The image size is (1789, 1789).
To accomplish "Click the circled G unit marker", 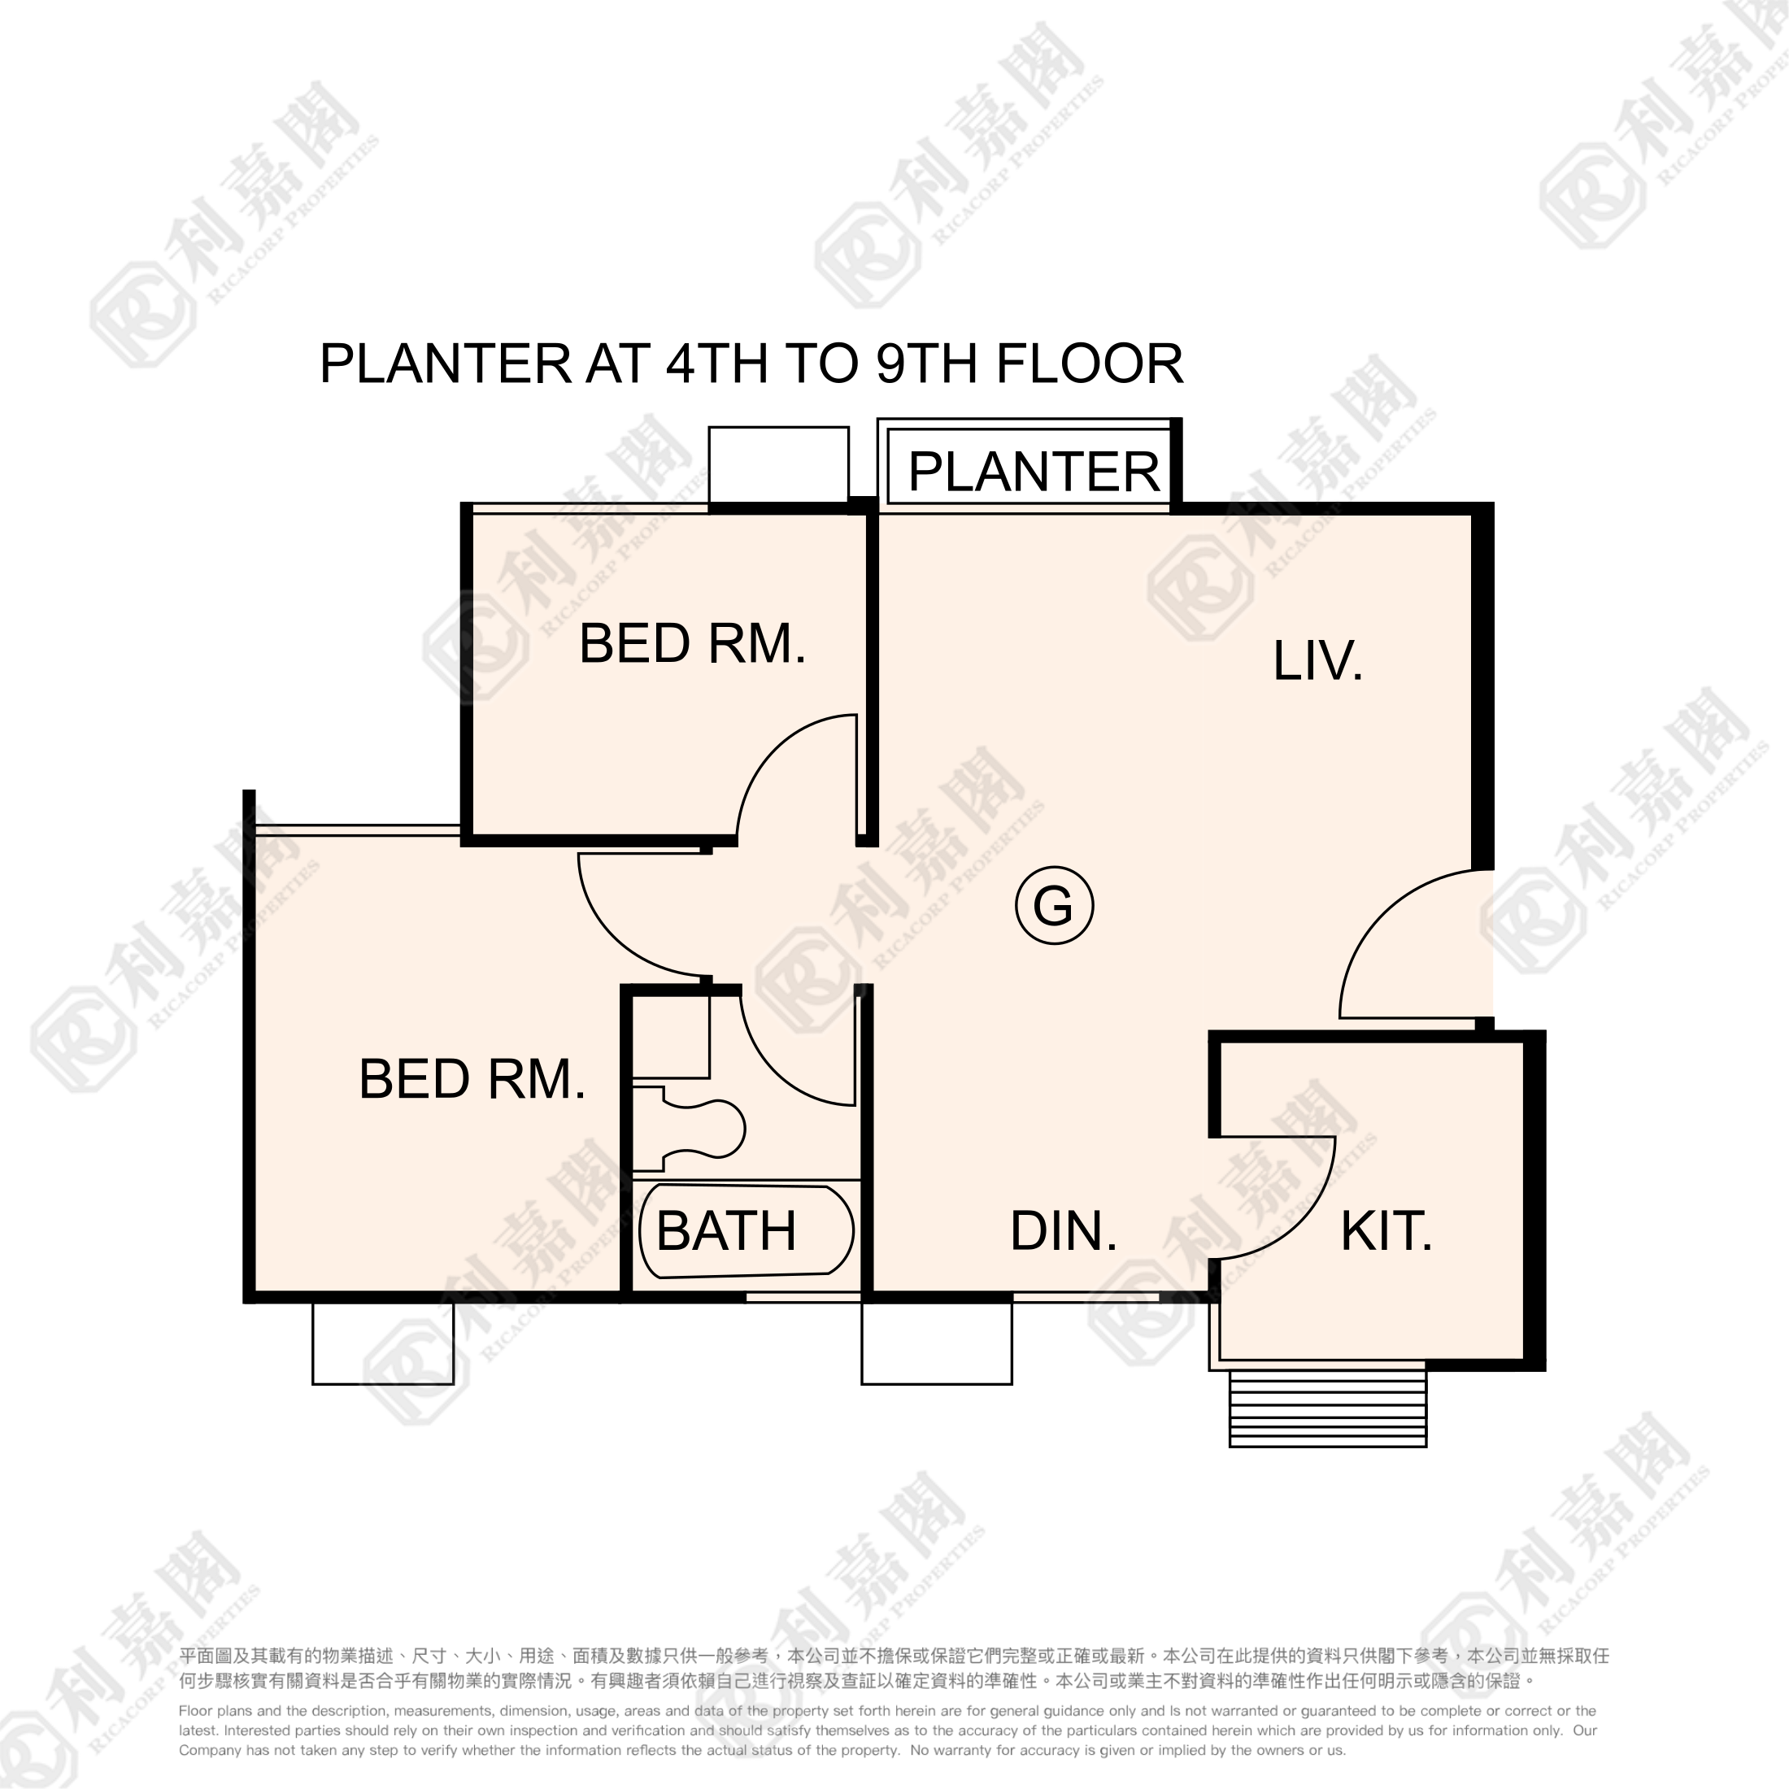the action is (x=1054, y=905).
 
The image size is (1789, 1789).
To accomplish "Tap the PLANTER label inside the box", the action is (x=1034, y=472).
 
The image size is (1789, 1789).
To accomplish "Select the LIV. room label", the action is (x=1317, y=660).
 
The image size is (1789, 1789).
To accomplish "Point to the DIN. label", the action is (x=1063, y=1230).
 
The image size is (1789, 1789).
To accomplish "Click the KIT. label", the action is (x=1386, y=1230).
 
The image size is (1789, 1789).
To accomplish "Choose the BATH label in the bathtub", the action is (x=726, y=1230).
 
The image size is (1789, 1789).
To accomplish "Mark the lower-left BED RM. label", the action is (x=472, y=1079).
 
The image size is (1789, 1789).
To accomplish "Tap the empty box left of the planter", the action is (x=779, y=465).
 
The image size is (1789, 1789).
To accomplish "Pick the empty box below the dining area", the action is (x=937, y=1343).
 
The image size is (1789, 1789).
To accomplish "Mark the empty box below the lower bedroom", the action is (x=383, y=1343).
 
